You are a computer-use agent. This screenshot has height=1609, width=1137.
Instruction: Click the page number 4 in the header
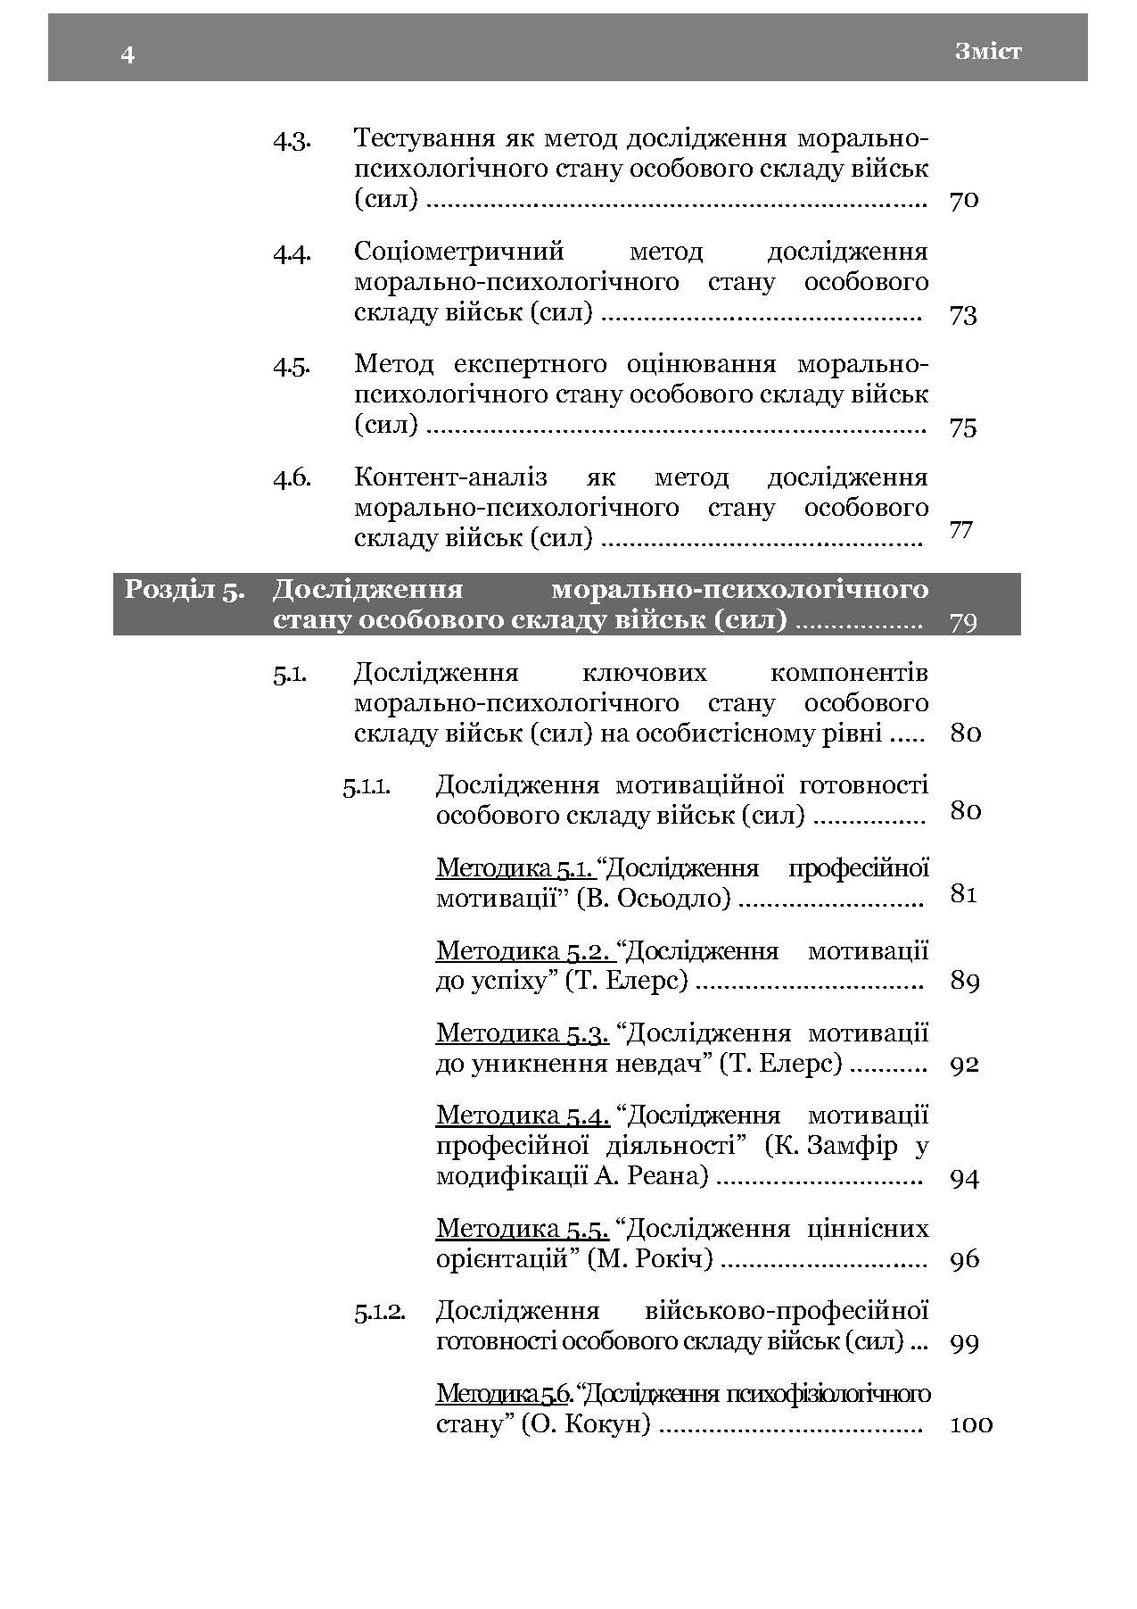[128, 55]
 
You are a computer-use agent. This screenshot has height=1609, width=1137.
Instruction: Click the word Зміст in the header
[988, 52]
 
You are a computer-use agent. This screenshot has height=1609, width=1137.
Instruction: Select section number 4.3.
[292, 140]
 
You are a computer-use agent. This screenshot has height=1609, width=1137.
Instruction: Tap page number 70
[964, 200]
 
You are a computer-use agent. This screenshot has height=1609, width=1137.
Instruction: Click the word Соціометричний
[459, 253]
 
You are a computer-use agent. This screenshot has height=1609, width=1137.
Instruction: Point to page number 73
[963, 315]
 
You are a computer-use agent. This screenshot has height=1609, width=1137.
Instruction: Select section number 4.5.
[292, 366]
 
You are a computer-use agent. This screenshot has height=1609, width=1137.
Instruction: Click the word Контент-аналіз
[450, 478]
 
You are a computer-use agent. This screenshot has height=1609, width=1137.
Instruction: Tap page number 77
[961, 530]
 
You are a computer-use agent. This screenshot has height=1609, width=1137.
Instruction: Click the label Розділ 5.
[185, 591]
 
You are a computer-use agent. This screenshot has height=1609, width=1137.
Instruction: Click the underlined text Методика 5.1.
[515, 868]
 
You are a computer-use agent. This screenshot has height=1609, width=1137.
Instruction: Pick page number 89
[965, 982]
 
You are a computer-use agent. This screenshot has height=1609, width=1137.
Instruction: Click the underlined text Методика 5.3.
[523, 1034]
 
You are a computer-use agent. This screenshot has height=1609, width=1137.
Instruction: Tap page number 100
[971, 1424]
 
